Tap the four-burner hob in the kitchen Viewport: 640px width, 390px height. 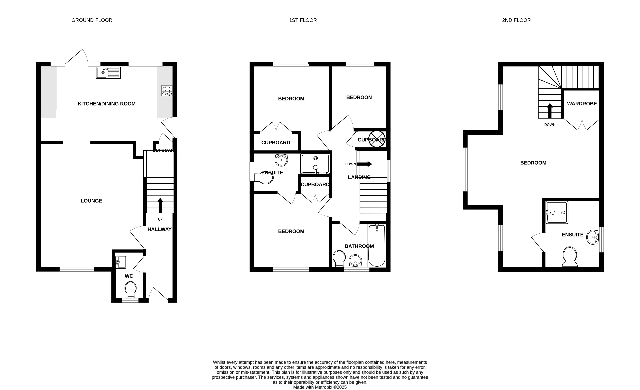tap(167, 91)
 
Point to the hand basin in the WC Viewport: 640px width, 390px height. tap(120, 262)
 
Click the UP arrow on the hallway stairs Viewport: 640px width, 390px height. tap(160, 205)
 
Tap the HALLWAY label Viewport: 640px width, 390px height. tap(159, 229)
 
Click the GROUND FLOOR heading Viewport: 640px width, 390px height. tap(92, 20)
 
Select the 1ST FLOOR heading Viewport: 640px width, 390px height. tap(303, 20)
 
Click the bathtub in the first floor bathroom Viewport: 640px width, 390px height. tap(377, 245)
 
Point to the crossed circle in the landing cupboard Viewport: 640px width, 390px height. tap(377, 139)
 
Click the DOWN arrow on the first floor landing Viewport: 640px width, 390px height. tap(364, 164)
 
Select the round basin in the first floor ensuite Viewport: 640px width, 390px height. tap(281, 160)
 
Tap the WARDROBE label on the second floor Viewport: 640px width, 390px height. tap(582, 104)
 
